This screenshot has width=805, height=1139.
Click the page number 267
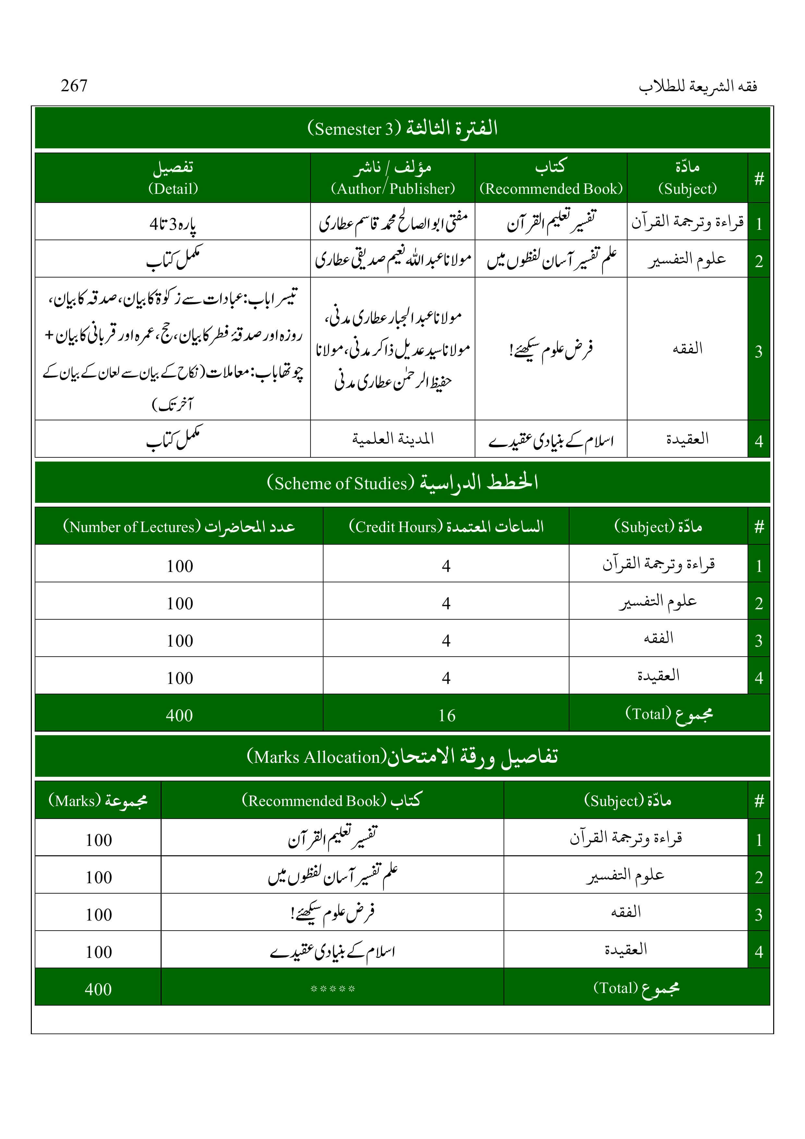tap(74, 86)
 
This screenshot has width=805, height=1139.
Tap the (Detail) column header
tap(173, 178)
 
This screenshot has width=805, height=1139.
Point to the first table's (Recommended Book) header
tap(551, 178)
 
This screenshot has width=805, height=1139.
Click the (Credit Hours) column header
tap(446, 526)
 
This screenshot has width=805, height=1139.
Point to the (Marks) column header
tap(98, 800)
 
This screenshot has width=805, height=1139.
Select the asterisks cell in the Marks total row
tap(332, 989)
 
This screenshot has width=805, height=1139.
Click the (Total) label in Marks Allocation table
tap(636, 988)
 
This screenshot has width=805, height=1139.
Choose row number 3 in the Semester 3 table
tap(758, 351)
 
